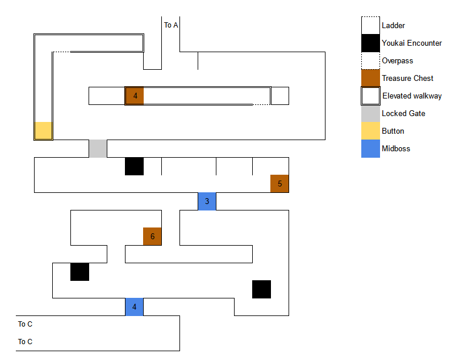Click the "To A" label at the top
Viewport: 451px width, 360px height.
pyautogui.click(x=171, y=25)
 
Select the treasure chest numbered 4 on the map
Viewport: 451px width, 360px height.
pyautogui.click(x=134, y=96)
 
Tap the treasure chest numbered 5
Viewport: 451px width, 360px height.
pyautogui.click(x=279, y=184)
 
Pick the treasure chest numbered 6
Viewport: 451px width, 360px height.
pyautogui.click(x=152, y=236)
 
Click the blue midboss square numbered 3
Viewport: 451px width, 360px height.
pyautogui.click(x=206, y=201)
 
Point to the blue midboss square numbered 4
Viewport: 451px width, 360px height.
pyautogui.click(x=134, y=307)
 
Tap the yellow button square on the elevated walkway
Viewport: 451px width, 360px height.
pyautogui.click(x=43, y=130)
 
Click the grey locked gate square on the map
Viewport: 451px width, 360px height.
pyautogui.click(x=97, y=148)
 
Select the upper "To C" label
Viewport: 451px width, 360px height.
pyautogui.click(x=25, y=324)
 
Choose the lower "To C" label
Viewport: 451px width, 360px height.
pyautogui.click(x=25, y=342)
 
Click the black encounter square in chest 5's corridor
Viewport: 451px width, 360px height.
pyautogui.click(x=134, y=166)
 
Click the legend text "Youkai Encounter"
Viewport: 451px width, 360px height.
pyautogui.click(x=412, y=43)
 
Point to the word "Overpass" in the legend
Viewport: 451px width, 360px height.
pyautogui.click(x=397, y=60)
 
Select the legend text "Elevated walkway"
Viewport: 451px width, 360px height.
pyautogui.click(x=412, y=96)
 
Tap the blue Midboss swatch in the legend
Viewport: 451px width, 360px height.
pyautogui.click(x=370, y=148)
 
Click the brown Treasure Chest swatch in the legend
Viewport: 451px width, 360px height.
pyautogui.click(x=370, y=78)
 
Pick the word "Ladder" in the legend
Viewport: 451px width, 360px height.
pyautogui.click(x=393, y=25)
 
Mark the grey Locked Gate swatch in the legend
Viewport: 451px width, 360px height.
pyautogui.click(x=370, y=113)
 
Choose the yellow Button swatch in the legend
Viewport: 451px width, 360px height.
pyautogui.click(x=370, y=131)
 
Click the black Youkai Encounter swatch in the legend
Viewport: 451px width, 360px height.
pyautogui.click(x=370, y=43)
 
